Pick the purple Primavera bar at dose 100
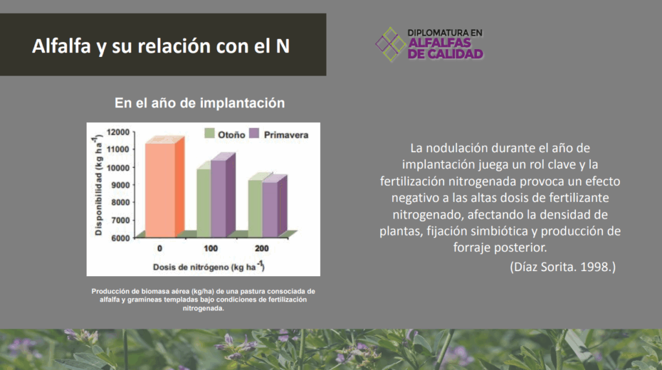222,195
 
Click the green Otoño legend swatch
209,133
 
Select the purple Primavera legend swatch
253,133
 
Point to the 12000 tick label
118,132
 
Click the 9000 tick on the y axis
120,185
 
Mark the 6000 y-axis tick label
120,238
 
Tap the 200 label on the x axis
262,248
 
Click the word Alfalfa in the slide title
61,46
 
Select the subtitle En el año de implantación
200,103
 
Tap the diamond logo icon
390,45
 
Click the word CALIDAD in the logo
456,54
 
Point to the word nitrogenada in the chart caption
203,309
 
